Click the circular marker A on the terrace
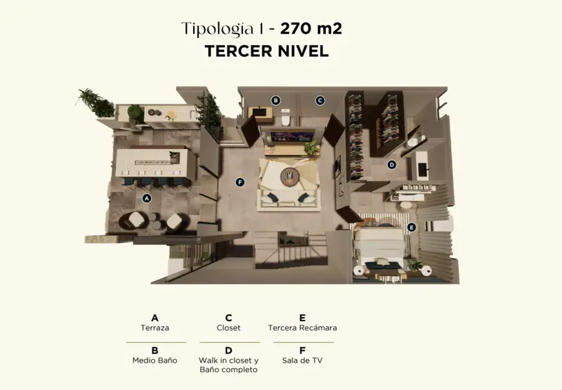pos(146,198)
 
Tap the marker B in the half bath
pos(275,100)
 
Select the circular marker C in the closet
pos(320,100)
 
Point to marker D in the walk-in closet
pos(392,164)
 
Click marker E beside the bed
pos(412,227)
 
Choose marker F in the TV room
pos(240,183)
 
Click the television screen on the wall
pos(292,136)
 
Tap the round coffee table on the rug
pos(289,176)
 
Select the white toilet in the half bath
pos(285,117)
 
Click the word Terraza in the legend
pos(155,327)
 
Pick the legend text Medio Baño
pos(155,360)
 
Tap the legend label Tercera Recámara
pos(303,327)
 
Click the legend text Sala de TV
pos(302,360)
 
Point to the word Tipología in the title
pos(217,29)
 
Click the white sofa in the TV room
pos(289,199)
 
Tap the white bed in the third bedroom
pos(380,247)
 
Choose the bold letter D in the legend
pos(228,351)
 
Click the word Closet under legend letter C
pos(228,327)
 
